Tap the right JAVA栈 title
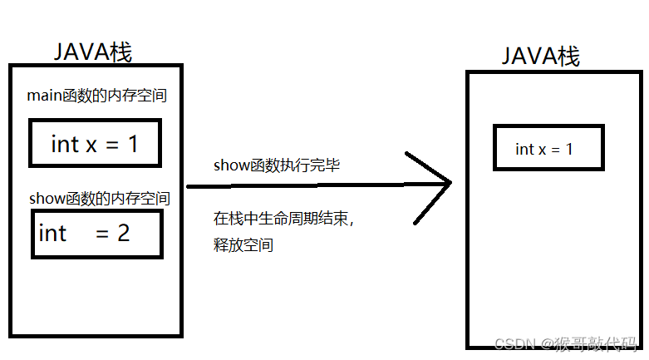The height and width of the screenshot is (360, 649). pos(541,57)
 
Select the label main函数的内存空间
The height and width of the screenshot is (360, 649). pos(97,96)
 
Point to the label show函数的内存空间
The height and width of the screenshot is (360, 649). pos(100,199)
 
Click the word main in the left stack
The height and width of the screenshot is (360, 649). pos(43,96)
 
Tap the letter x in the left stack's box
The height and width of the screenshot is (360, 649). pos(91,145)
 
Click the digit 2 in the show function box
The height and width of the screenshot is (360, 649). pos(123,233)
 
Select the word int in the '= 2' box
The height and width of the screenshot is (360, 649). pos(52,233)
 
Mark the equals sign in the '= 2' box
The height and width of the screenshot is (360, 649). pos(103,234)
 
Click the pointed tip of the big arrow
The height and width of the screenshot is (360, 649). pos(450,183)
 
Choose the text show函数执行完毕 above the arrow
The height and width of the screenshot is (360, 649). pos(277,165)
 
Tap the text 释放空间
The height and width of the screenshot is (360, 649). pos(243,245)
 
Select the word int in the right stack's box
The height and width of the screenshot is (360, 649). pos(524,149)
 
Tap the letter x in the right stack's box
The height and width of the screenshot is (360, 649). pos(543,150)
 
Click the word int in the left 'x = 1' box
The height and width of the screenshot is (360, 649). pos(65,144)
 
